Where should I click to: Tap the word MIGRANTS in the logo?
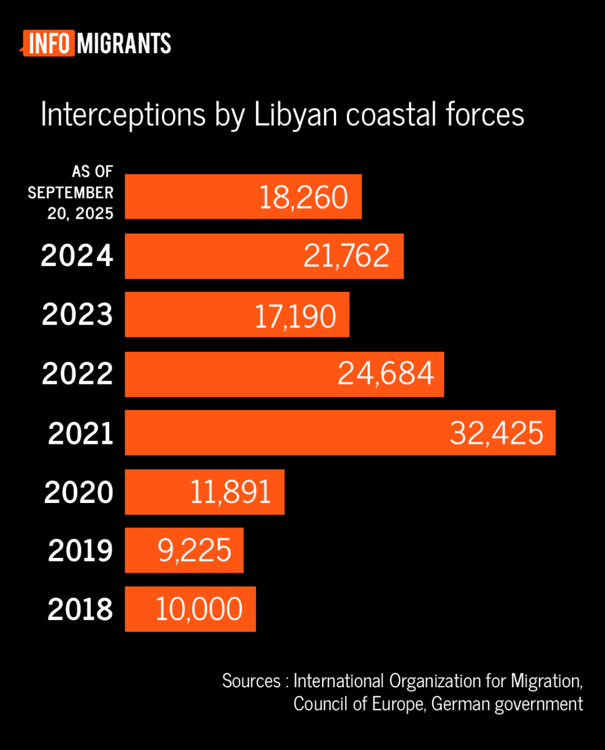coord(124,44)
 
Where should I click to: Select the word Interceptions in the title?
coord(123,115)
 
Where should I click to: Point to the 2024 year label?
coord(77,256)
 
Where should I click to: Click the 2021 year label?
coord(80,434)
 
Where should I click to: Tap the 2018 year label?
coord(80,609)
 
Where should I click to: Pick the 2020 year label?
coord(79,492)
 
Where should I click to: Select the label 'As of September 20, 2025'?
coord(71,193)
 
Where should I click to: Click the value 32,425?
coord(496,433)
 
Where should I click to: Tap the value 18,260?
coord(304,197)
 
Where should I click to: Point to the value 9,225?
coord(194,551)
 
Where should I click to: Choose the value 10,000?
coord(199,609)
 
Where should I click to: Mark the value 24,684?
coord(386,374)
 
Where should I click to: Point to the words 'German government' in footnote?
coord(507,704)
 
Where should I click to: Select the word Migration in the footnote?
coord(547,681)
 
